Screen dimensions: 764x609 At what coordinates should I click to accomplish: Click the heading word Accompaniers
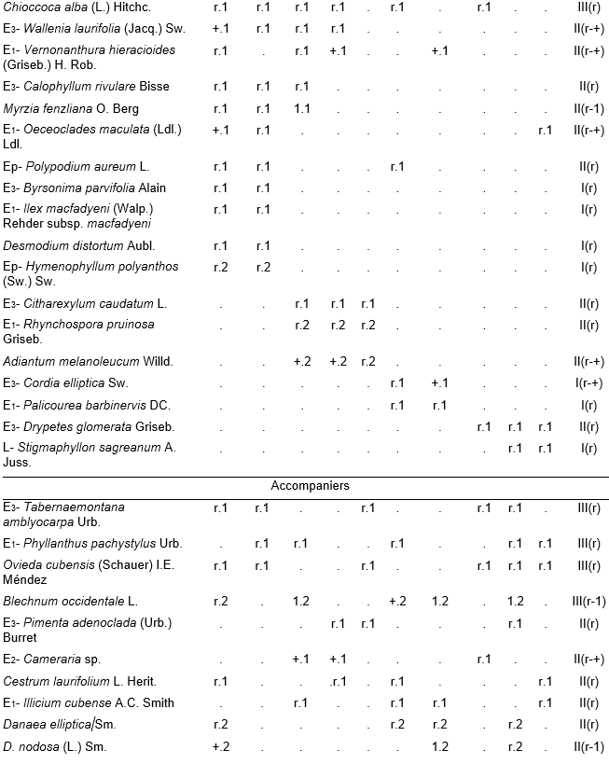click(x=310, y=486)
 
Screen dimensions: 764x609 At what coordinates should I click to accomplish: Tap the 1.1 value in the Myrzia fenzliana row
click(x=302, y=109)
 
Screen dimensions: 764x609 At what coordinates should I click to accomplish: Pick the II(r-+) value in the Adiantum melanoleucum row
click(x=587, y=361)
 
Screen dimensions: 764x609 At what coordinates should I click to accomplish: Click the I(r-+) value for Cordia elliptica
click(x=587, y=383)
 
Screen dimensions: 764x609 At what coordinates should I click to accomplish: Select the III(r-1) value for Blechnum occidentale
click(x=585, y=602)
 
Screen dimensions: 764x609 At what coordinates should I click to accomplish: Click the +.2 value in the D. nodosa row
click(x=221, y=747)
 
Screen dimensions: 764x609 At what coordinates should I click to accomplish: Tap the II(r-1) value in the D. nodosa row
click(x=587, y=747)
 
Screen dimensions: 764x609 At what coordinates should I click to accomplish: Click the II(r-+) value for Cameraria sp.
click(x=587, y=660)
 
